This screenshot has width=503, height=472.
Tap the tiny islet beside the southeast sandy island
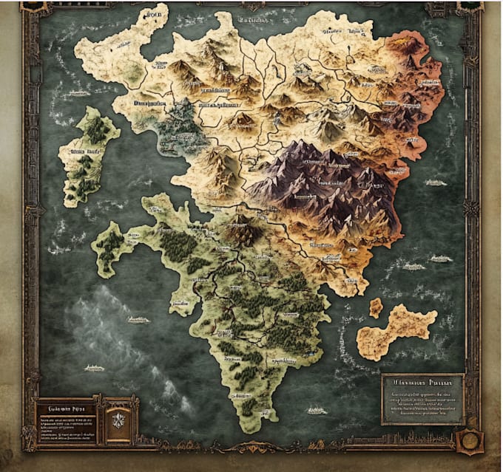[376, 307]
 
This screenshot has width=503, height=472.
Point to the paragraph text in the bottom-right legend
[422, 406]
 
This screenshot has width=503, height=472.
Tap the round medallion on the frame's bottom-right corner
[467, 441]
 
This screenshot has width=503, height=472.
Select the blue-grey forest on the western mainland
[181, 129]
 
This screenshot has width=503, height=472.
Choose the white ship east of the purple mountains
[440, 259]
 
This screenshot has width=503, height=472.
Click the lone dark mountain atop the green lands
[241, 233]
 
